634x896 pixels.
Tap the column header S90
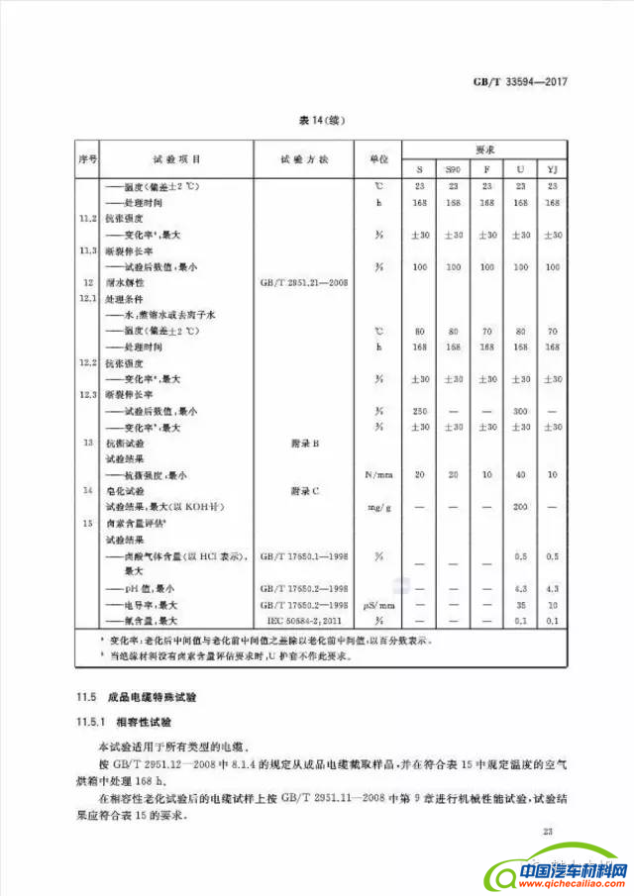[x=453, y=168]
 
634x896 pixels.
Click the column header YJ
[x=553, y=168]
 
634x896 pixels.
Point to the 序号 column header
[x=87, y=158]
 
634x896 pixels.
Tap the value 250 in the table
[x=419, y=410]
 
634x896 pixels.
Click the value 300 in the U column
[x=519, y=410]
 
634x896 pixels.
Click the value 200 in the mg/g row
[x=519, y=507]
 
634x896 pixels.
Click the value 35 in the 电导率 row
[x=519, y=604]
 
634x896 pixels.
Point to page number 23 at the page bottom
[x=548, y=833]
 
